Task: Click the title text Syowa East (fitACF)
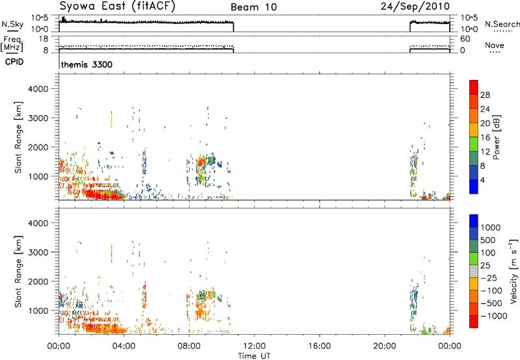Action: [117, 6]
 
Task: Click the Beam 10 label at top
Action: [253, 7]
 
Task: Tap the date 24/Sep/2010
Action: [415, 6]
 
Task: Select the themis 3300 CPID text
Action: [87, 64]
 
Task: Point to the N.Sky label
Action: [12, 24]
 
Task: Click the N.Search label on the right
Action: [502, 24]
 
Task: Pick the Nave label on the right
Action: [495, 45]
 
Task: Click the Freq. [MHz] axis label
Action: [12, 44]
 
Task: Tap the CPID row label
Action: [14, 62]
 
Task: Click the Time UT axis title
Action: [254, 356]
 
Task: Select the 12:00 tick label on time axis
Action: [254, 346]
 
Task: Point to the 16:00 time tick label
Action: [319, 346]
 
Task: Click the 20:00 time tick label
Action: [384, 346]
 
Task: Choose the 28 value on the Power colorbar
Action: [485, 95]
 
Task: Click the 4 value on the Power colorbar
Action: [482, 181]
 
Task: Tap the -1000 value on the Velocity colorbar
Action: [494, 316]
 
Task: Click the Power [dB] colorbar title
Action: [497, 137]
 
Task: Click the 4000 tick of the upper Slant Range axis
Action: [38, 89]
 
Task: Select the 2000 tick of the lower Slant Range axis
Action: [38, 281]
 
